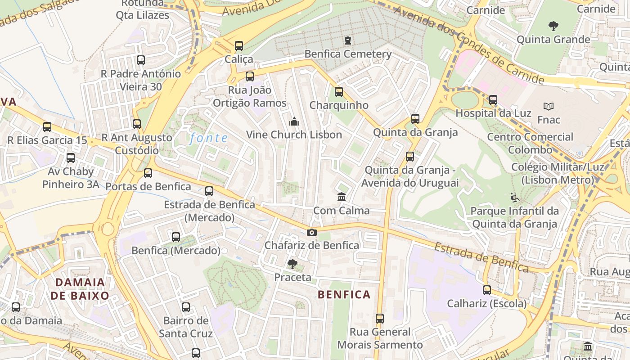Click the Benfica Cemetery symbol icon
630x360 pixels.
pos(347,41)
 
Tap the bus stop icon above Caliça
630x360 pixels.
pos(239,46)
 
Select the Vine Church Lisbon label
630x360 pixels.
pos(294,135)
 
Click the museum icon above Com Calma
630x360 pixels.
pos(342,197)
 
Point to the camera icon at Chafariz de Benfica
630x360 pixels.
pos(311,232)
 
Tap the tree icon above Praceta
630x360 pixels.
pos(292,264)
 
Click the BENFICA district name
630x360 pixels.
pos(344,295)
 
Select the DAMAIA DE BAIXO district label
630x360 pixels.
pos(80,289)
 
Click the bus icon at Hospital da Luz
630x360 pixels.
pos(493,100)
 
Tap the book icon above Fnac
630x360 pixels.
pos(549,107)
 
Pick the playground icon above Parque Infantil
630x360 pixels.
pos(514,198)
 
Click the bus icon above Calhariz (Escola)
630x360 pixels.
pos(486,290)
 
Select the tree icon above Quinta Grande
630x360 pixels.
pos(553,26)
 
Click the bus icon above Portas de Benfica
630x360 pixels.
pos(148,173)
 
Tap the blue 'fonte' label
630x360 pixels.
pos(208,138)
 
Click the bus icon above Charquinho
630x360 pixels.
pos(339,92)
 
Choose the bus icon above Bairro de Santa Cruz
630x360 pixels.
pos(186,307)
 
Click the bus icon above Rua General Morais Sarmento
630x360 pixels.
pos(380,319)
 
